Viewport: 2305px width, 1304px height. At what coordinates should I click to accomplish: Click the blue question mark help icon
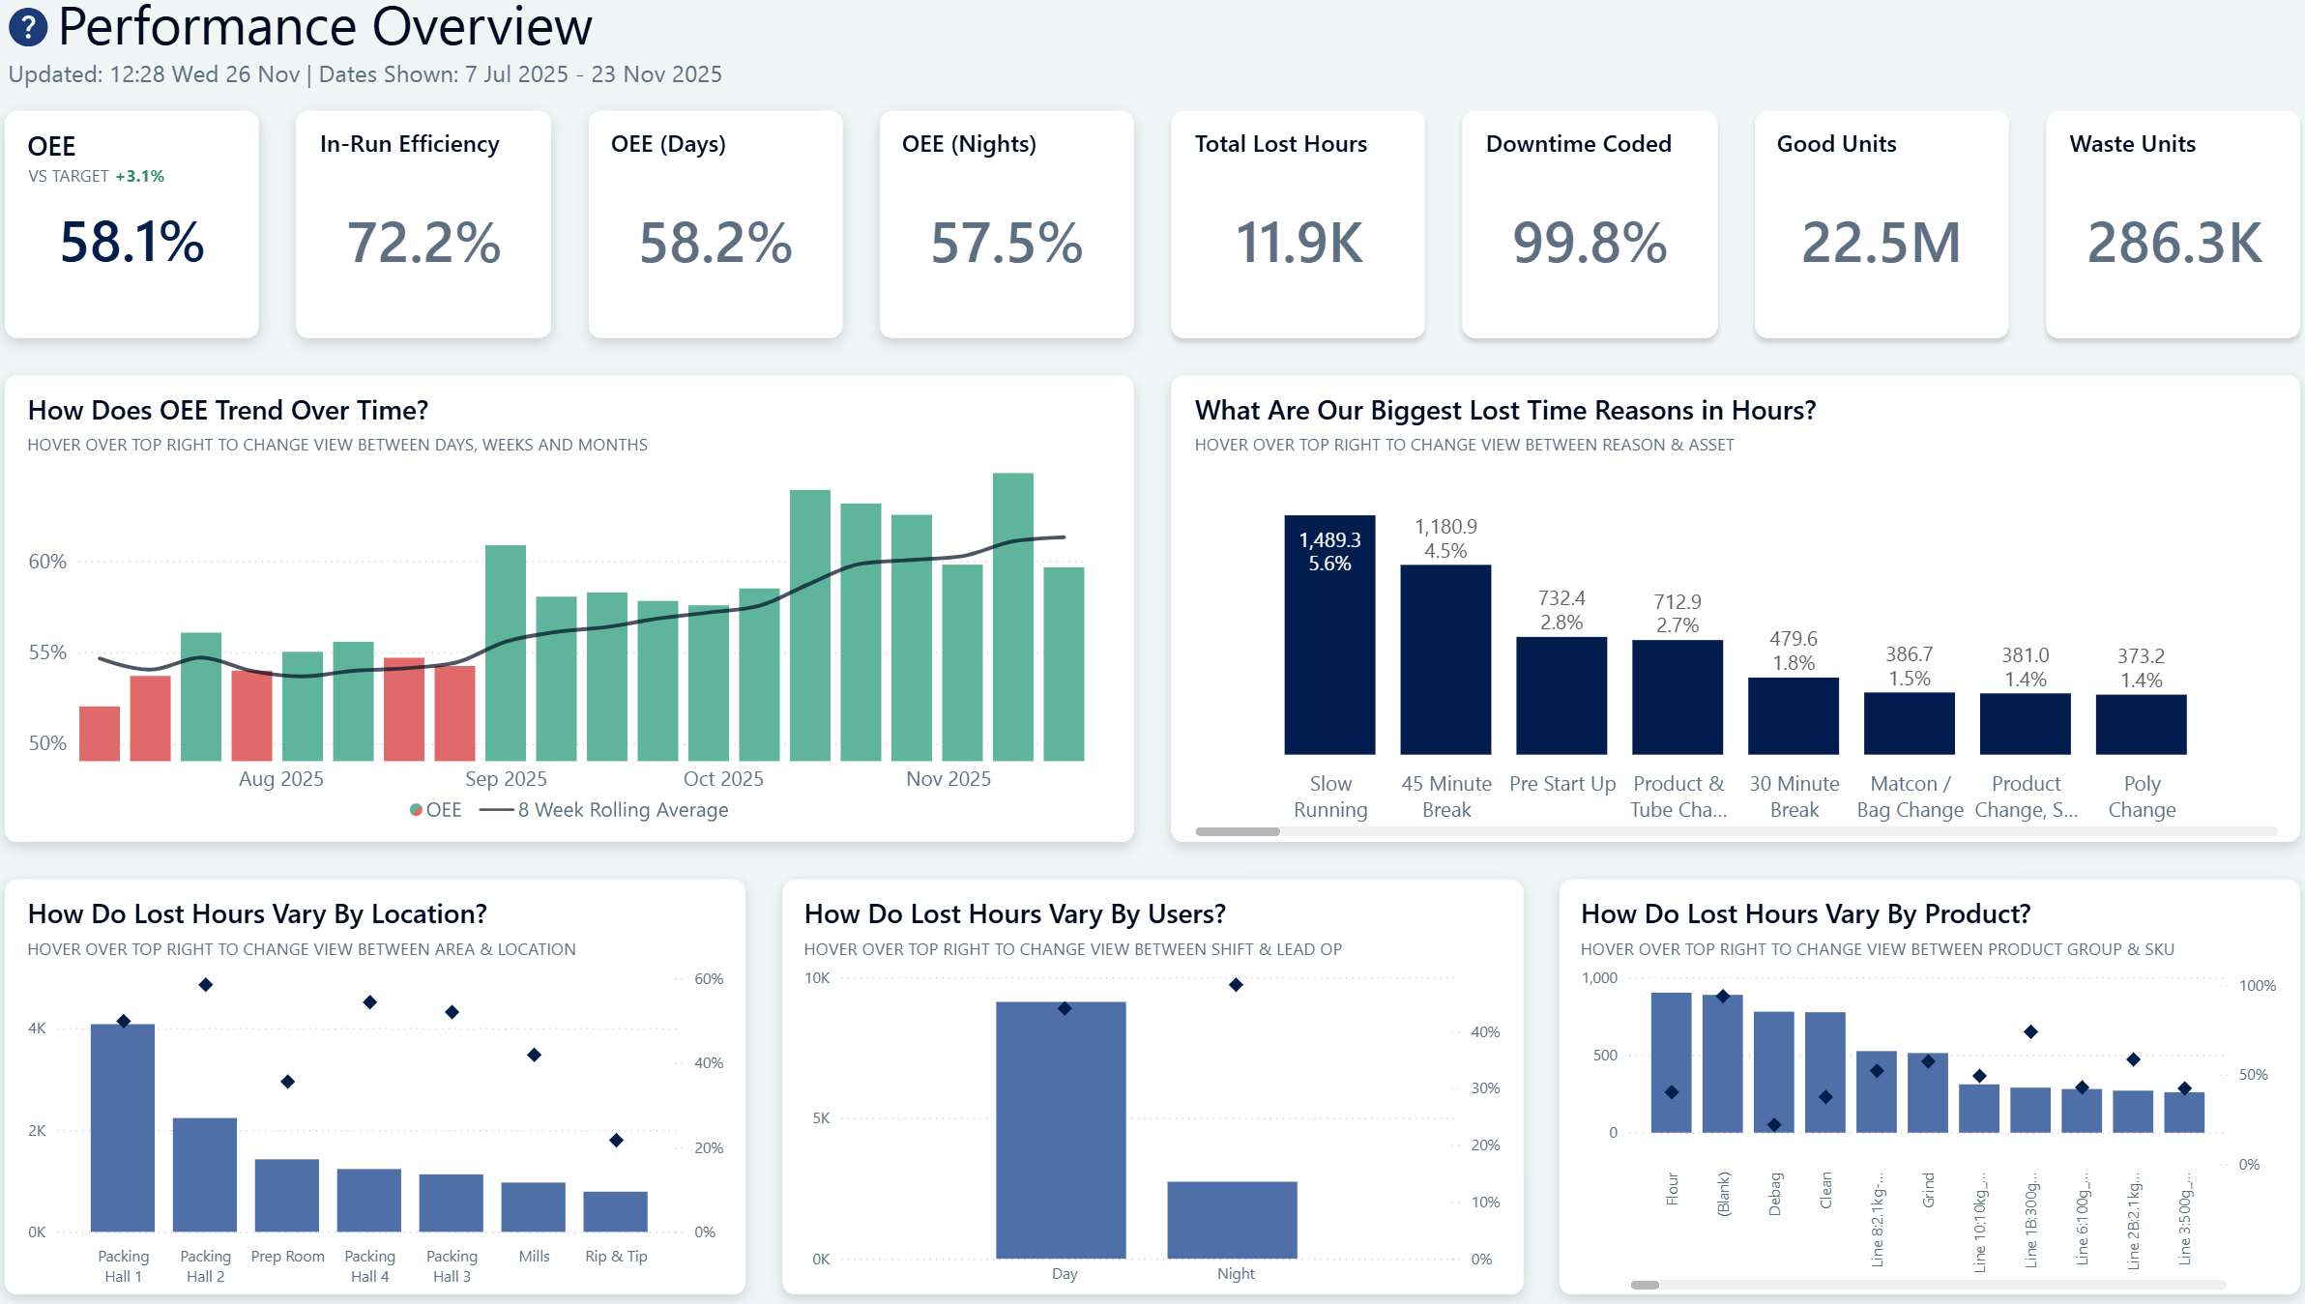tap(28, 27)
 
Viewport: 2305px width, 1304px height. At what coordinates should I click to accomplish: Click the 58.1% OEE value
tap(132, 242)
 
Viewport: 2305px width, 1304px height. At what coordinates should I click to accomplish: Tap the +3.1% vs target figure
tap(140, 176)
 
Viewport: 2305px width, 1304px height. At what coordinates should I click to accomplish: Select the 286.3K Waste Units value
tap(2174, 243)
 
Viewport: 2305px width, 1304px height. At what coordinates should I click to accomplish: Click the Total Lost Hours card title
tap(1280, 144)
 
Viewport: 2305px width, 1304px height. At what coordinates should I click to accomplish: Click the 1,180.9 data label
tap(1445, 527)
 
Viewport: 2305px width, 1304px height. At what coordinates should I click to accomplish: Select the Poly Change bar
tap(2141, 724)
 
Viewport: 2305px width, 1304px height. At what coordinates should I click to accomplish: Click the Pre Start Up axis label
tap(1561, 784)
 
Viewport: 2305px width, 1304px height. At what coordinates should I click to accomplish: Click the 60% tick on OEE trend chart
tap(47, 562)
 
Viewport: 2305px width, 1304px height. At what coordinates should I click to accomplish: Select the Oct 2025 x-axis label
tap(723, 779)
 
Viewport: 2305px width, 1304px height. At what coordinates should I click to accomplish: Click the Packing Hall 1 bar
tap(123, 1127)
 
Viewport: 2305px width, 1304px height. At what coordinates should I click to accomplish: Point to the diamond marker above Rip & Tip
tap(616, 1141)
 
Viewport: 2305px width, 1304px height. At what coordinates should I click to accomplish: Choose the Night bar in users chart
tap(1232, 1220)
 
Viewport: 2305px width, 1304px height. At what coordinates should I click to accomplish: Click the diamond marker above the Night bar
tap(1236, 985)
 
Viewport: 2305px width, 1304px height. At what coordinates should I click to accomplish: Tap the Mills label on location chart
tap(534, 1257)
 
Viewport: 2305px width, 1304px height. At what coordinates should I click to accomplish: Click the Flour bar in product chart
tap(1671, 1062)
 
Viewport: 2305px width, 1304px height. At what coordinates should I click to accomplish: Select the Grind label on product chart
tap(1928, 1190)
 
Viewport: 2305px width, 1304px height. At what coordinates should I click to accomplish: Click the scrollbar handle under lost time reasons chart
tap(1238, 831)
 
